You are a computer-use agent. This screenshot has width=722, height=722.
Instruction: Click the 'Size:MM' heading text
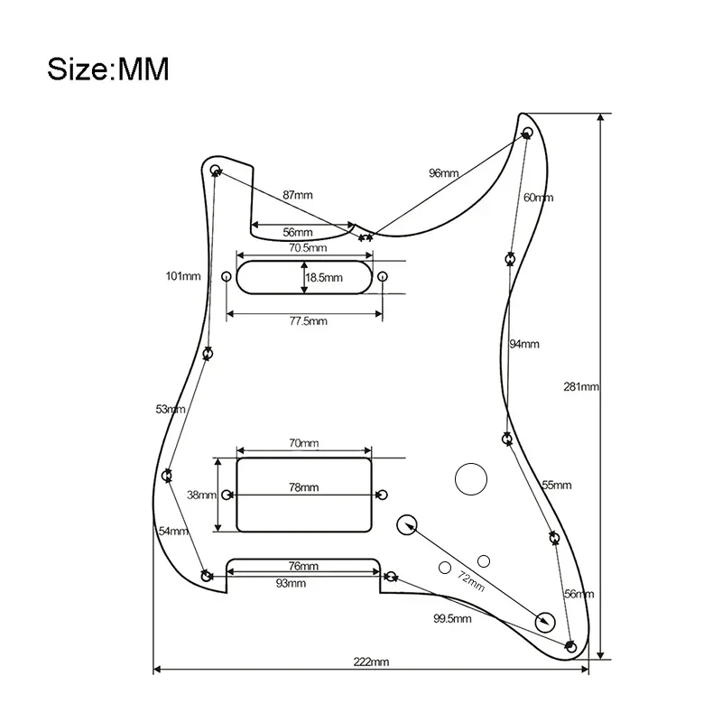point(107,69)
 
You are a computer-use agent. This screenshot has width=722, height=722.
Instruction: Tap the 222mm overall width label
point(372,662)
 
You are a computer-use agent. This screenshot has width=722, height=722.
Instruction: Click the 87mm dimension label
point(297,195)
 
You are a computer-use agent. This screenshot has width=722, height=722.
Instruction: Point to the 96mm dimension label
point(443,172)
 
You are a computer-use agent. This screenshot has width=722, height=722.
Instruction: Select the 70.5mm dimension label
point(307,247)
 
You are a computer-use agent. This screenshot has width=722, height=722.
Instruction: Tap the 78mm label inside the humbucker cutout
point(303,487)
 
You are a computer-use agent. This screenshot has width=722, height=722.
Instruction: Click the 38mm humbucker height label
point(201,495)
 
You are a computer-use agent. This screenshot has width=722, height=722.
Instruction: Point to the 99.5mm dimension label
point(452,618)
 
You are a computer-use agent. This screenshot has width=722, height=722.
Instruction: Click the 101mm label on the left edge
point(183,276)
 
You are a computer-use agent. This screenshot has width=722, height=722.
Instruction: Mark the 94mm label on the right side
point(523,344)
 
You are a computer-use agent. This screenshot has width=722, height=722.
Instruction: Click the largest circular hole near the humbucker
point(470,478)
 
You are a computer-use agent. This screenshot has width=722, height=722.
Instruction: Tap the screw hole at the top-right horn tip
point(529,133)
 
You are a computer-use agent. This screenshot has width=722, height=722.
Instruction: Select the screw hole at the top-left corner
point(216,170)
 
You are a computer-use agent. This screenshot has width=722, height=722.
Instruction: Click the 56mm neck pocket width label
point(297,231)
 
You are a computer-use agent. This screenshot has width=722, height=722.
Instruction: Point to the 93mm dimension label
point(292,583)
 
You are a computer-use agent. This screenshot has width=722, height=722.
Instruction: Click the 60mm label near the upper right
point(538,198)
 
